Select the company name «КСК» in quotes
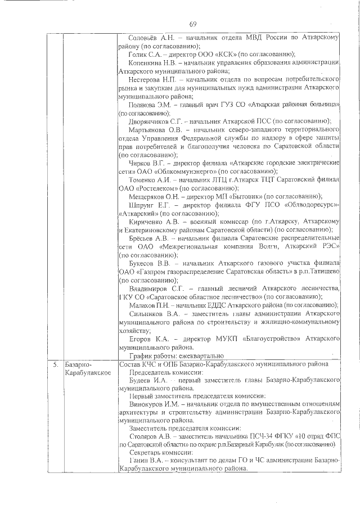[219, 55]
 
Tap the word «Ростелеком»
[151, 188]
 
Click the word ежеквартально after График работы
[200, 356]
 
